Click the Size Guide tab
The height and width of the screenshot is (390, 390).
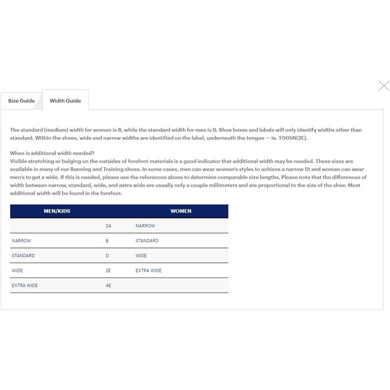point(21,101)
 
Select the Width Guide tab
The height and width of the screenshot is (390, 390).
point(65,101)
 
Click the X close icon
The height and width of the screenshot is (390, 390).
point(383,86)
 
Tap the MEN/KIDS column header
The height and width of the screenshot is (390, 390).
point(57,211)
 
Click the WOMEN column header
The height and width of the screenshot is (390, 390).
point(181,211)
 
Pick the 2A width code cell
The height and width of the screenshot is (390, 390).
point(108,226)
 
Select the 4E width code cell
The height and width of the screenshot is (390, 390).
point(108,285)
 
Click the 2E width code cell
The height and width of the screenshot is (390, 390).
point(108,270)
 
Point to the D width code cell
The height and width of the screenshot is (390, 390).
point(108,256)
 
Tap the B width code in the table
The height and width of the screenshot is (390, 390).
point(107,241)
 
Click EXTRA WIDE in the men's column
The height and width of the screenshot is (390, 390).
point(25,285)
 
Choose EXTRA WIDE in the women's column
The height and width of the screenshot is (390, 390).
point(148,270)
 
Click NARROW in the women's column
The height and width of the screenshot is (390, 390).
point(145,226)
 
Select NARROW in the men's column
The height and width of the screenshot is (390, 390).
point(21,241)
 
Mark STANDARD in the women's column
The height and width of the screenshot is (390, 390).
point(147,241)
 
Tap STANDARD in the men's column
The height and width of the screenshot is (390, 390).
point(23,256)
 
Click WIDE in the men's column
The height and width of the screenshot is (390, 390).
point(17,270)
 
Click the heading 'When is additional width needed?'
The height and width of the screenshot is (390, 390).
point(52,153)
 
